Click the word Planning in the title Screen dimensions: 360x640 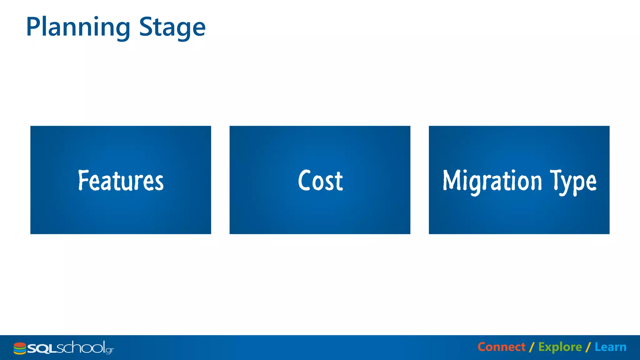pos(78,27)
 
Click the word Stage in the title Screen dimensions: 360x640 pos(172,27)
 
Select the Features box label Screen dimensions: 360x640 pos(121,180)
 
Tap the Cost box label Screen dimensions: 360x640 pos(320,180)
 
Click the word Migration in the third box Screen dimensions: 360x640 pos(492,181)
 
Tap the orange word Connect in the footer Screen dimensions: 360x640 pos(501,347)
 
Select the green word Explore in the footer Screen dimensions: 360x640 pos(560,347)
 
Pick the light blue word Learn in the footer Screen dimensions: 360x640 pos(610,347)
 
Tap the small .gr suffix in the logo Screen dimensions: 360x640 pos(110,350)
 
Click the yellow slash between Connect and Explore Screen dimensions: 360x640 pos(532,347)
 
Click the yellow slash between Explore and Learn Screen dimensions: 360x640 pos(588,347)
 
